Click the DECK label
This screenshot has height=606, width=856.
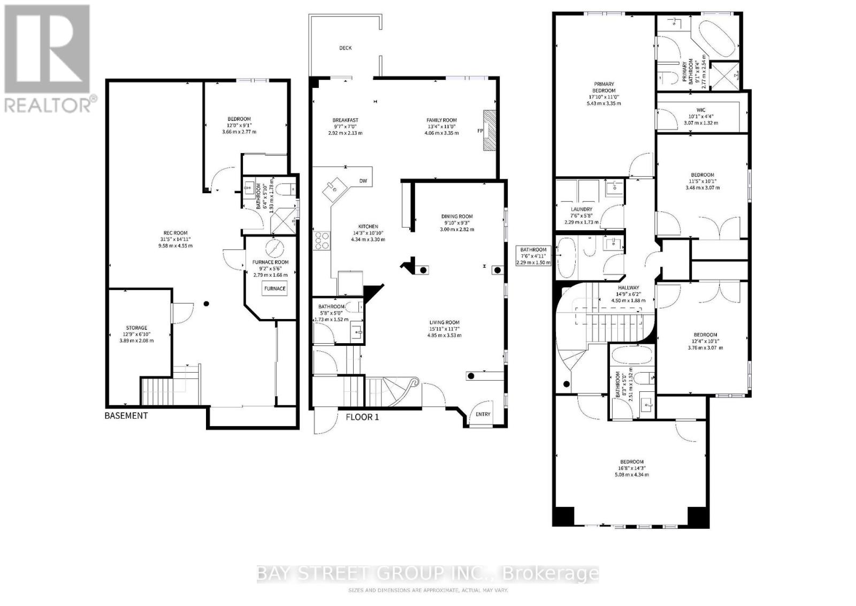click(x=346, y=48)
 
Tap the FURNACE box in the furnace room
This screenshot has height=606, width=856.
click(x=274, y=289)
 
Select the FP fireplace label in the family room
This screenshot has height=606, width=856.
click(x=480, y=131)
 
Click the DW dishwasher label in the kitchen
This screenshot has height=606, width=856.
click(x=363, y=181)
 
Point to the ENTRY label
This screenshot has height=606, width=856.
click(x=483, y=414)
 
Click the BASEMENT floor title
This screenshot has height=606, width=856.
click(x=126, y=415)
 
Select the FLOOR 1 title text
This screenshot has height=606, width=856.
click(x=362, y=416)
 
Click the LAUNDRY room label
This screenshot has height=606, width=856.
click(x=582, y=209)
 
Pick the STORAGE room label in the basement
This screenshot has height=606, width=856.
click(x=136, y=328)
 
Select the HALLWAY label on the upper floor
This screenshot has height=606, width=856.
click(x=628, y=287)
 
